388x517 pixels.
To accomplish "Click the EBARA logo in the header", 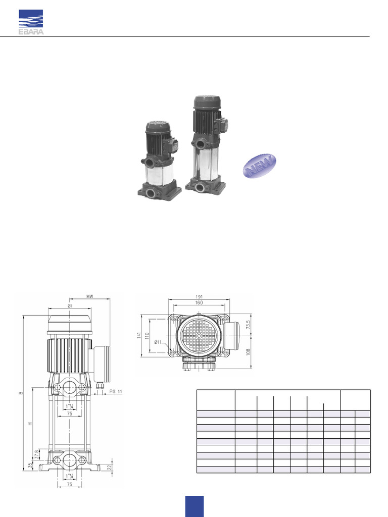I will [x=30, y=22].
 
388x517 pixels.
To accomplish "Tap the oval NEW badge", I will [x=260, y=166].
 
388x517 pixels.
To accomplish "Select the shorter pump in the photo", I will [x=160, y=161].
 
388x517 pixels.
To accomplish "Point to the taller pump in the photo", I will [x=207, y=144].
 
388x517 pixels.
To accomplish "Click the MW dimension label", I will [x=90, y=297].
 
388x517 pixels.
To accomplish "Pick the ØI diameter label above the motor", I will [x=69, y=305].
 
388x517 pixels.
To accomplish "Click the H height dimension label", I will [x=29, y=423].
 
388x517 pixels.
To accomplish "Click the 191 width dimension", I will [x=199, y=297].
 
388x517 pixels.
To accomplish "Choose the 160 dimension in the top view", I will [x=199, y=303].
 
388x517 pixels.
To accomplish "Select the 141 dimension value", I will [x=139, y=336].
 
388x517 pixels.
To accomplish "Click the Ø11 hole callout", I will [x=160, y=343].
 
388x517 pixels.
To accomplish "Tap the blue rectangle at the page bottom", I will [x=194, y=506].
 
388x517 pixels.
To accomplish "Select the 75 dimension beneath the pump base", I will [x=69, y=483].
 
